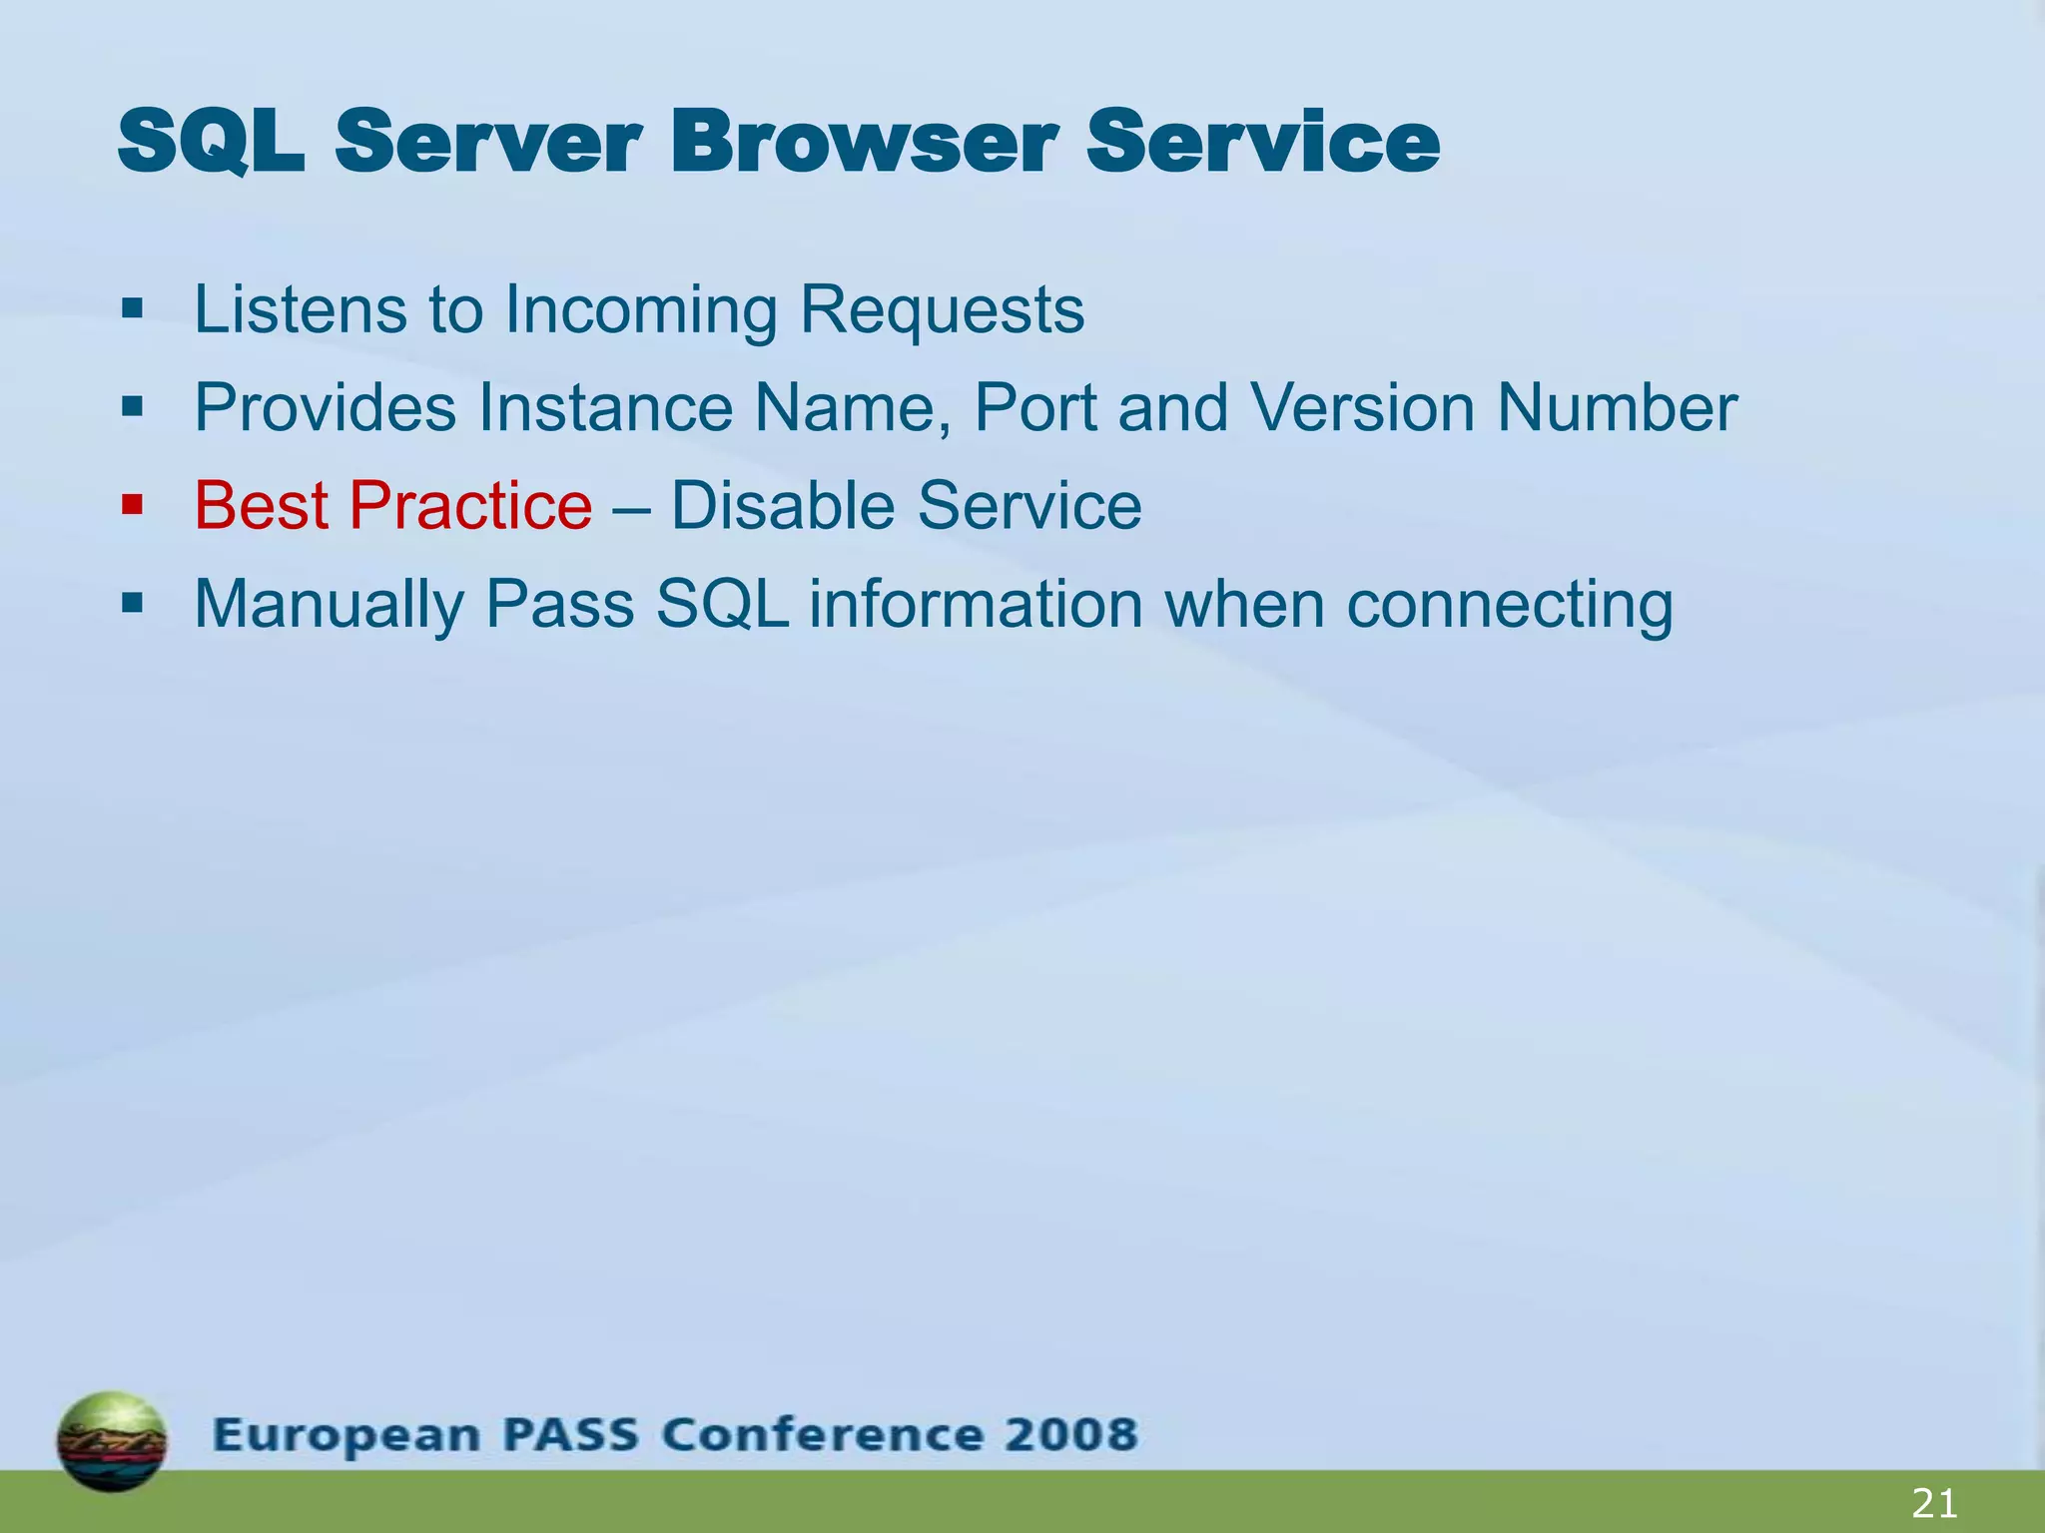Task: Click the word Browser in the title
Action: pyautogui.click(x=863, y=143)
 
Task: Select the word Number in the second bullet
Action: pyautogui.click(x=1617, y=407)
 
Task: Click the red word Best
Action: pyautogui.click(x=262, y=505)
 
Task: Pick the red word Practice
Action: pyautogui.click(x=470, y=505)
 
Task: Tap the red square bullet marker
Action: pyautogui.click(x=132, y=505)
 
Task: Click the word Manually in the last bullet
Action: pyautogui.click(x=329, y=605)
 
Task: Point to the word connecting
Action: pyautogui.click(x=1509, y=605)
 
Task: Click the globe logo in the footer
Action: pyautogui.click(x=112, y=1440)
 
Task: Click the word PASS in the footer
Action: pyautogui.click(x=570, y=1434)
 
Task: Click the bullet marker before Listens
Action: pyautogui.click(x=132, y=309)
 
